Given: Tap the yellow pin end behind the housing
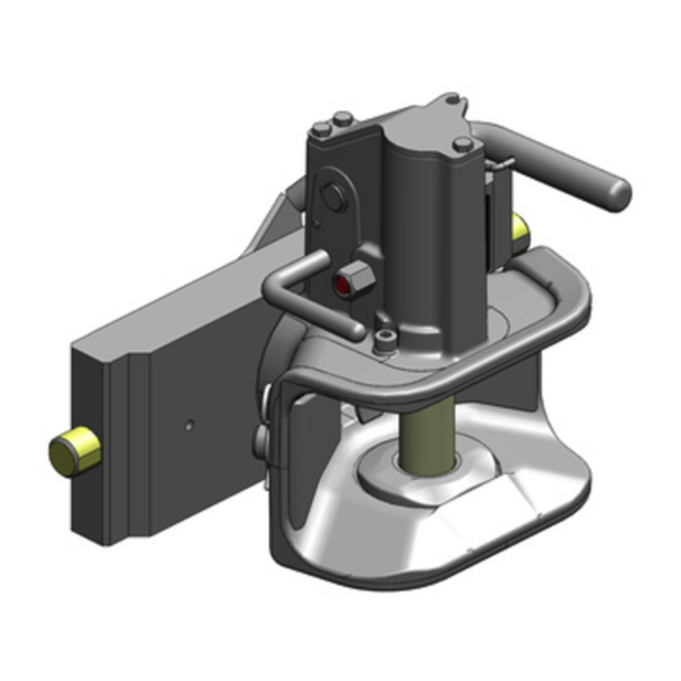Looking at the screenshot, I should coord(518,227).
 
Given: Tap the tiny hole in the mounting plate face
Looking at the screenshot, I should coord(191,423).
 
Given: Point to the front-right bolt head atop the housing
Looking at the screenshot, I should coord(462,144).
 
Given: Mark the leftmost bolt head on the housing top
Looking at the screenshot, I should coord(321,129).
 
